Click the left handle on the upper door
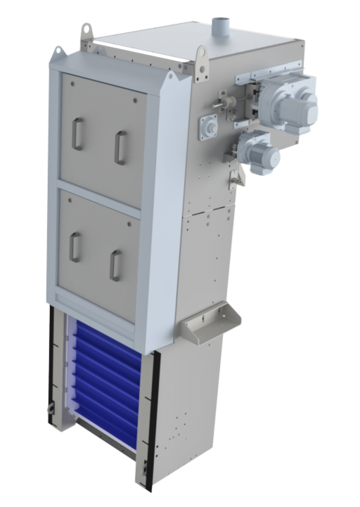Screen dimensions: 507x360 (x=77, y=134)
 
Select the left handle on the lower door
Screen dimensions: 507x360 (x=75, y=247)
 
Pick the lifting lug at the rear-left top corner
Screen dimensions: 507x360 (x=86, y=32)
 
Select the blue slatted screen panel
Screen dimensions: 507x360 (x=105, y=380)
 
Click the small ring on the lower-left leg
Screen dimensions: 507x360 (x=49, y=411)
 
